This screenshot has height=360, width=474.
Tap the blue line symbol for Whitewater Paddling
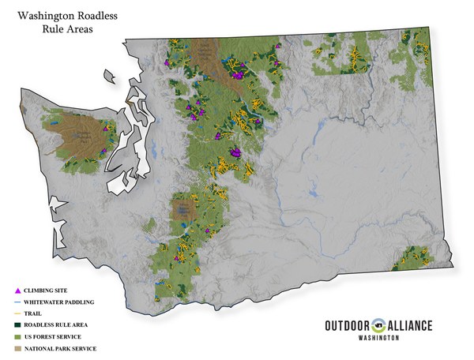(x=17, y=302)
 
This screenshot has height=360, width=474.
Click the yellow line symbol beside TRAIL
(x=17, y=313)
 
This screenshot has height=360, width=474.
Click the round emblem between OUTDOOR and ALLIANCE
(x=381, y=324)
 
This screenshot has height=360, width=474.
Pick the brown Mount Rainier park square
(x=184, y=210)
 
